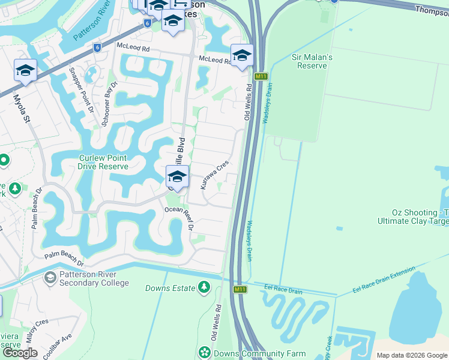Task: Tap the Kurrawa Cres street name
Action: coord(215,175)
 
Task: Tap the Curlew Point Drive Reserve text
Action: coord(104,163)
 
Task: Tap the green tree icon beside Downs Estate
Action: coord(204,287)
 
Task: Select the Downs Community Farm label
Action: coord(261,353)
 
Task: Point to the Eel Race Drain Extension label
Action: coord(384,281)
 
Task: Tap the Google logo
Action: coord(20,353)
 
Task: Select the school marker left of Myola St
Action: coord(26,71)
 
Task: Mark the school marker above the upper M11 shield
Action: coord(242,56)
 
